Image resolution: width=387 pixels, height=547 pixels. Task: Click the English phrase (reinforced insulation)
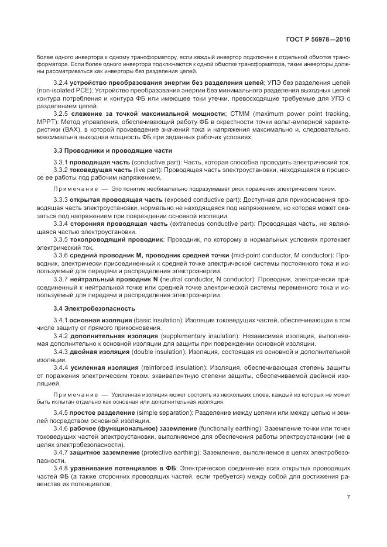(x=168, y=367)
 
